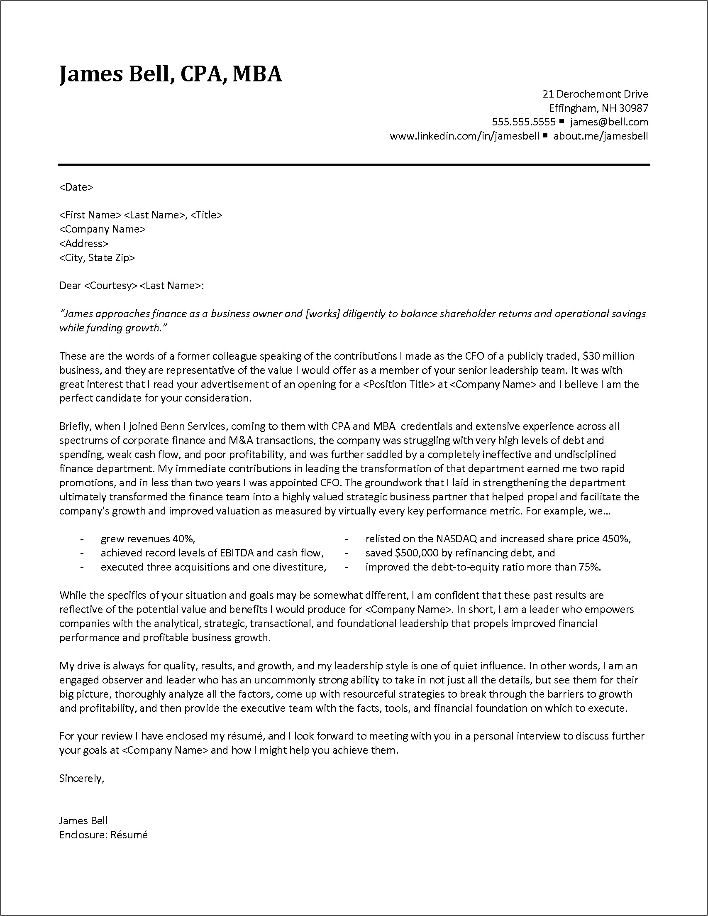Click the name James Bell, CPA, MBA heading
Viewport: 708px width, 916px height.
[x=171, y=74]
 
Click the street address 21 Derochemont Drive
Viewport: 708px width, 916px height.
[x=595, y=94]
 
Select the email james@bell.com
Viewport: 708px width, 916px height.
[x=609, y=122]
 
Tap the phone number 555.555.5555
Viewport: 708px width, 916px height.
[x=524, y=122]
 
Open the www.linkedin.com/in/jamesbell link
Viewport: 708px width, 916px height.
[x=464, y=136]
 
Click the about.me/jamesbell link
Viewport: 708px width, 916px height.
[x=600, y=136]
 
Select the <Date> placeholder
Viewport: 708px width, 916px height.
[x=76, y=187]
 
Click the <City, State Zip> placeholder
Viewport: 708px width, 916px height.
[x=97, y=257]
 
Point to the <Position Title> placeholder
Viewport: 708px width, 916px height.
[x=399, y=384]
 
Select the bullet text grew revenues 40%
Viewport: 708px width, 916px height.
[x=148, y=539]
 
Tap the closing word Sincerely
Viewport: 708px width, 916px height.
[x=81, y=779]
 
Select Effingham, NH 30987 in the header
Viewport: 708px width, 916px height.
[x=598, y=108]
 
